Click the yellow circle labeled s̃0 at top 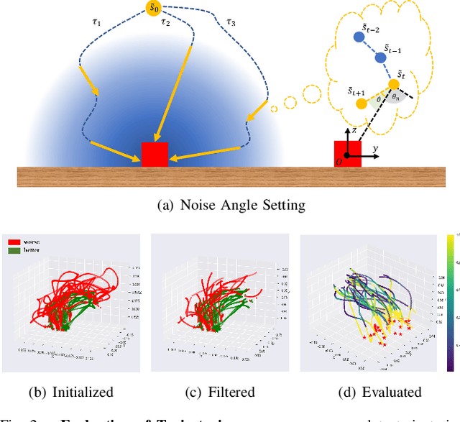coord(154,9)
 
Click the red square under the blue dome coord(155,154)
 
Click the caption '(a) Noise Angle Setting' coord(231,206)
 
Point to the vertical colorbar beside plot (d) coord(450,302)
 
